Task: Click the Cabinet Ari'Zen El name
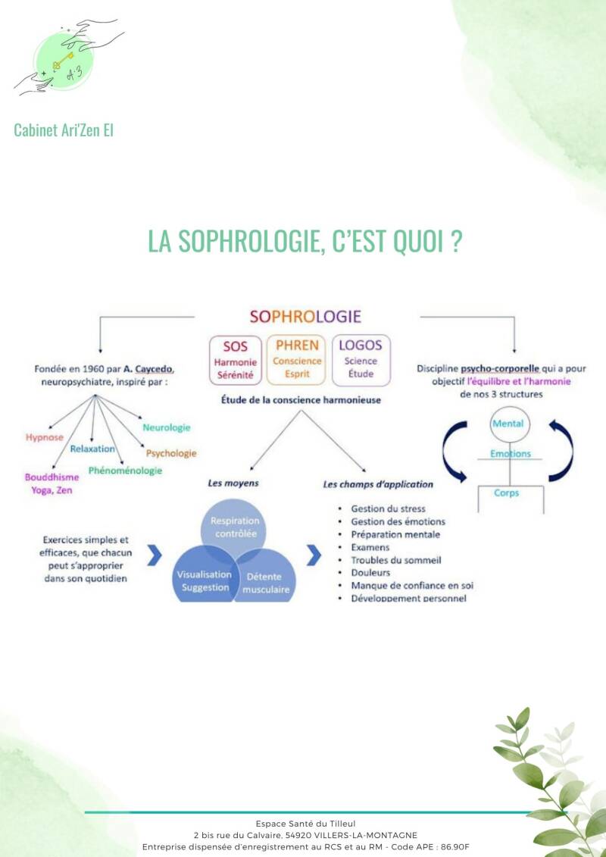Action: coord(64,130)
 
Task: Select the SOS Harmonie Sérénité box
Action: coord(236,361)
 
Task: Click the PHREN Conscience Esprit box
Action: coord(297,361)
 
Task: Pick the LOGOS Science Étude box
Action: coord(361,361)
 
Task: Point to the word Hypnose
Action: coord(44,437)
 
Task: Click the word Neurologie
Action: coord(166,427)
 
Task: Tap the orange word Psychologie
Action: coord(171,453)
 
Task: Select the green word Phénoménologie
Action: coord(125,471)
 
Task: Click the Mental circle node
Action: coord(508,424)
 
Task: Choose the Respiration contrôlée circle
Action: coord(234,527)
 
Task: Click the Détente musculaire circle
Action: coord(263,582)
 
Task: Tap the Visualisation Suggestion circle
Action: coord(205,581)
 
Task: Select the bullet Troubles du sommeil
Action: coord(396,560)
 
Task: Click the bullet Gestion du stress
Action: coord(388,508)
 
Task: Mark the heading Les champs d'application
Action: coord(378,483)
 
